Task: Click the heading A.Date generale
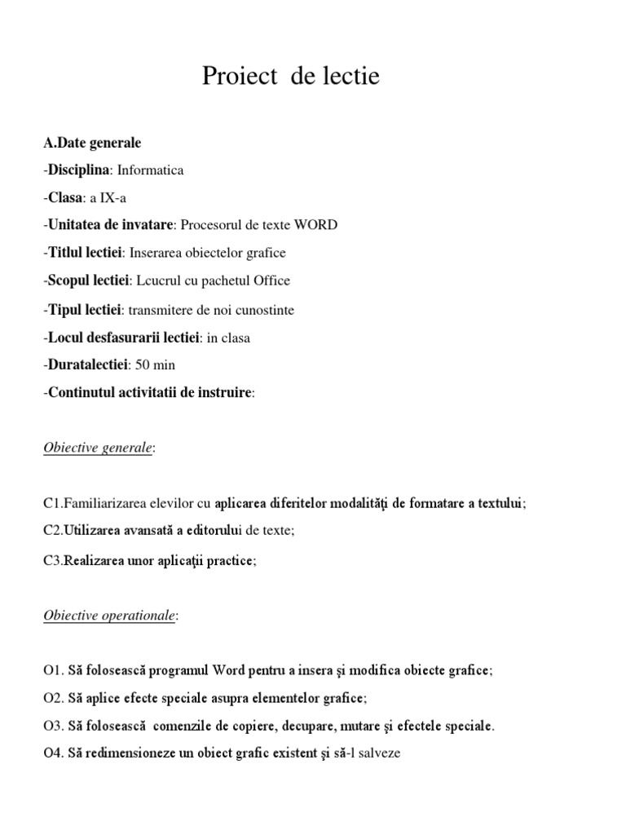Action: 92,143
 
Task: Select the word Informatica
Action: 151,170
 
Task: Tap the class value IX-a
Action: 108,197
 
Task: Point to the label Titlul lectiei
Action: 85,253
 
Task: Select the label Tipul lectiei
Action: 85,310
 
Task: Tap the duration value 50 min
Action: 155,364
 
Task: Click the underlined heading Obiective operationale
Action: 109,616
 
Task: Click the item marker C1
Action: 52,504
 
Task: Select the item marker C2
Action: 52,531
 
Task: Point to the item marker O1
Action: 52,670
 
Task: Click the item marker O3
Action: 52,726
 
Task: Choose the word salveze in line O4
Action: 377,753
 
